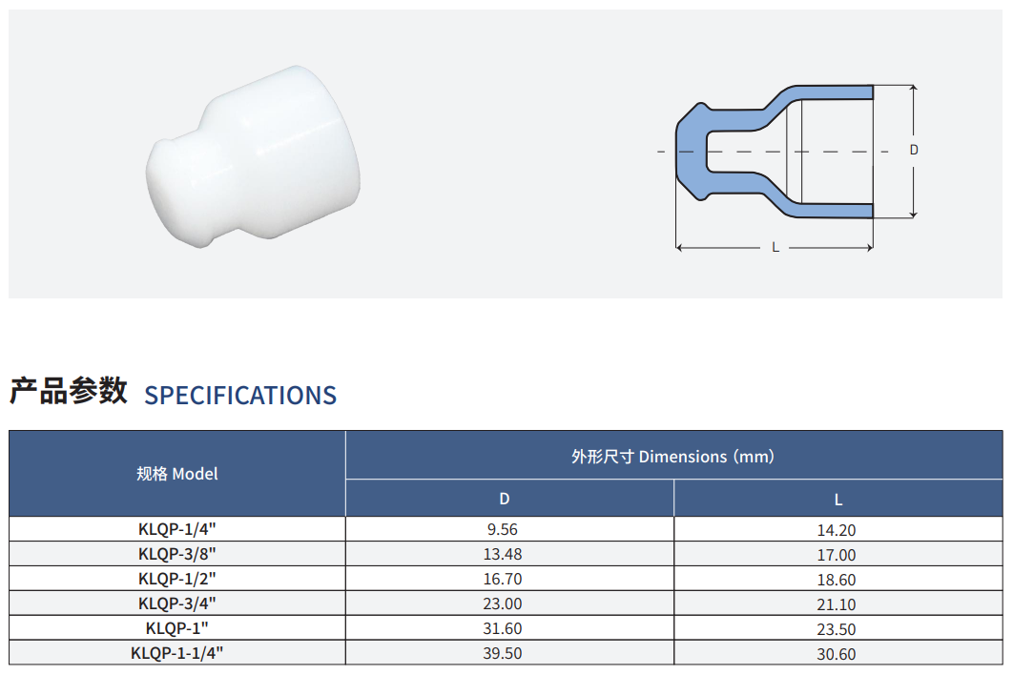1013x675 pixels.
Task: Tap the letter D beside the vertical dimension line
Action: (914, 150)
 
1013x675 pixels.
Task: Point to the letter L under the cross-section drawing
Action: (775, 247)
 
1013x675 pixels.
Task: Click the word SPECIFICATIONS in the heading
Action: (240, 396)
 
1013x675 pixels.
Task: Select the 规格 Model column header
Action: (177, 474)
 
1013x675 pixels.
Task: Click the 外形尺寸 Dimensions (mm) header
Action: (672, 457)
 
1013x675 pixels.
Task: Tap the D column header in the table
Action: (505, 499)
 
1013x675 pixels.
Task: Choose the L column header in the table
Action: (837, 500)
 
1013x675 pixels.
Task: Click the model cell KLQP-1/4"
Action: (177, 529)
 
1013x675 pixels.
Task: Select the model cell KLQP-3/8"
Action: (177, 554)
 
